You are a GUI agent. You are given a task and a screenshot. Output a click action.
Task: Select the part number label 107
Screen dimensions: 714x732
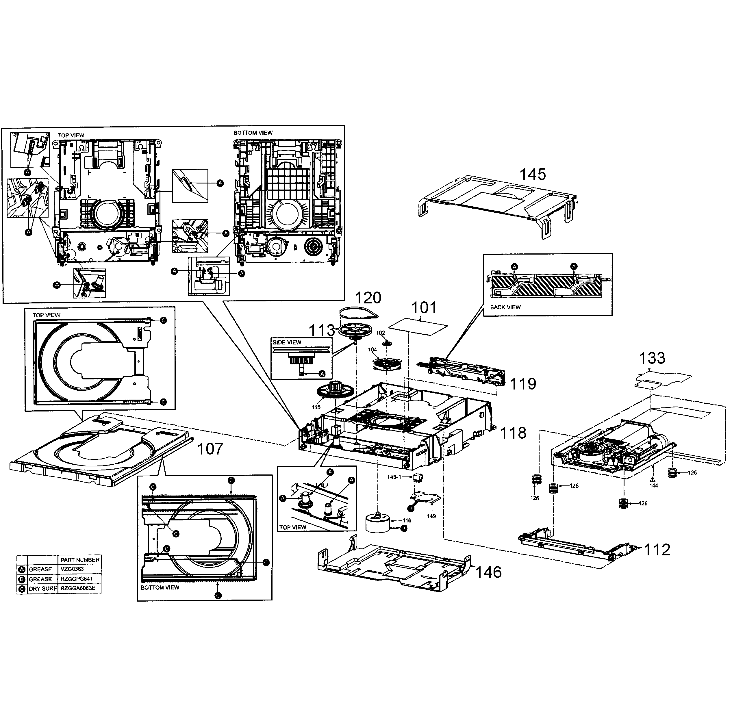pos(210,449)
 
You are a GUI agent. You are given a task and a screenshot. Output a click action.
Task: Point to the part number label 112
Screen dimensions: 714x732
pos(657,550)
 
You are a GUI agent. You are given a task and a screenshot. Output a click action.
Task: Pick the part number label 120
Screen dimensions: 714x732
pos(368,298)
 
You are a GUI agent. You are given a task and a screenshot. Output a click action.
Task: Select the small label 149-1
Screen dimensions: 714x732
pos(394,477)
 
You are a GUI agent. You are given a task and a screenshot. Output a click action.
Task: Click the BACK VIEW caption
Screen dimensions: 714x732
pos(505,307)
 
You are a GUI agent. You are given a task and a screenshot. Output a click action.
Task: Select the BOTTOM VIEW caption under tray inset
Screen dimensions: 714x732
pos(160,587)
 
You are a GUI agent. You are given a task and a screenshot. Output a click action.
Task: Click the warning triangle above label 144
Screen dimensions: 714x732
pos(653,479)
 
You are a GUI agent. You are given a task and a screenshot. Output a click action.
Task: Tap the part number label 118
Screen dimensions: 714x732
pos(513,433)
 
